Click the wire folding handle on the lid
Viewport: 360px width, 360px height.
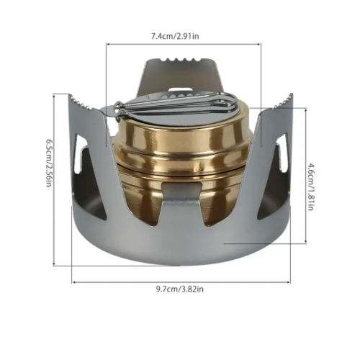click(173, 107)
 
